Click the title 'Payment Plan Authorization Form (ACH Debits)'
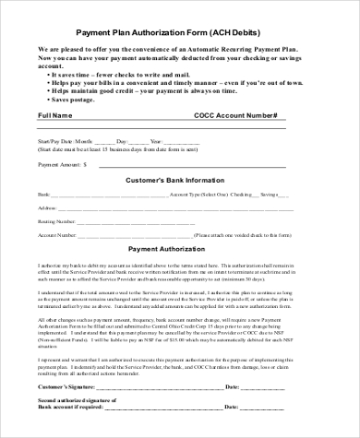(179, 30)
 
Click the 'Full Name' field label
(54, 116)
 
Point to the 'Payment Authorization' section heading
(166, 250)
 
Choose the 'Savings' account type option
(270, 195)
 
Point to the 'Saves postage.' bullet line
(78, 100)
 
